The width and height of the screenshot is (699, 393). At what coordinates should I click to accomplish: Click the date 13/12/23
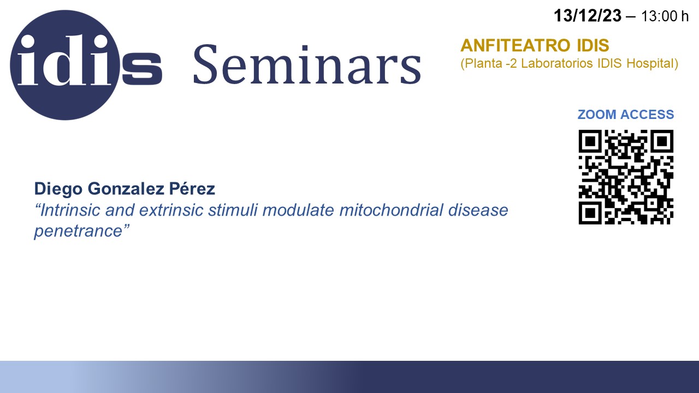point(588,16)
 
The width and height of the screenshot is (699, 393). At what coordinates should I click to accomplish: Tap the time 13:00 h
point(665,16)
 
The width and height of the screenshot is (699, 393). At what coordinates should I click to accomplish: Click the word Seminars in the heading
point(307,64)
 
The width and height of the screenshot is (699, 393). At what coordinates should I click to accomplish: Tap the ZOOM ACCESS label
point(626,115)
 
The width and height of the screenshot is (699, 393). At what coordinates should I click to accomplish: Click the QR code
point(626,177)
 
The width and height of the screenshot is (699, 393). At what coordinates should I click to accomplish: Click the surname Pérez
point(192,188)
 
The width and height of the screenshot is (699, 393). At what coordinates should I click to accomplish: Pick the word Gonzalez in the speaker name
point(126,189)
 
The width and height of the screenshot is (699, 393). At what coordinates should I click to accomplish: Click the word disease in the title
point(478,210)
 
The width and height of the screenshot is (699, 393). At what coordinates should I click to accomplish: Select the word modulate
point(299,210)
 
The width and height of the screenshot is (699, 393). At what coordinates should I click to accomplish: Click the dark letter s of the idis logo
point(142,69)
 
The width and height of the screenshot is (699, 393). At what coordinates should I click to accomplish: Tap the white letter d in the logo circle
point(58,59)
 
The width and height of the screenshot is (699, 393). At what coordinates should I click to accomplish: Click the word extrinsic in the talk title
point(171,210)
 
